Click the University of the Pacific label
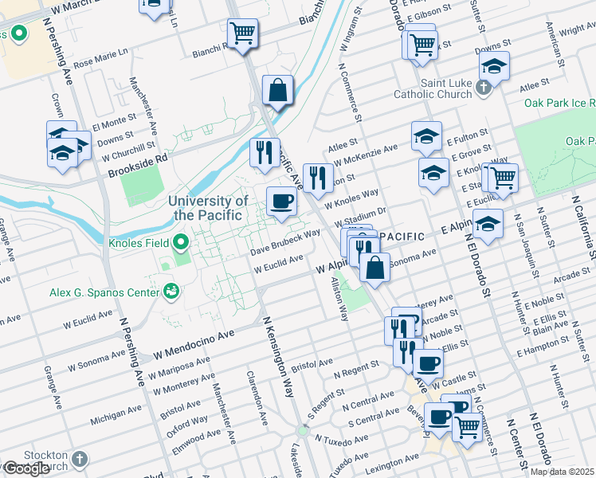tap(208, 208)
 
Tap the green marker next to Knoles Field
tap(181, 241)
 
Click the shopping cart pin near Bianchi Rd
tap(242, 33)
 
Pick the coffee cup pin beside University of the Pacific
tap(280, 202)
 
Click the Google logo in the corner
tap(26, 468)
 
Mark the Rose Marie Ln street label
tap(100, 58)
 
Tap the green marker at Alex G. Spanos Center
tap(170, 292)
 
